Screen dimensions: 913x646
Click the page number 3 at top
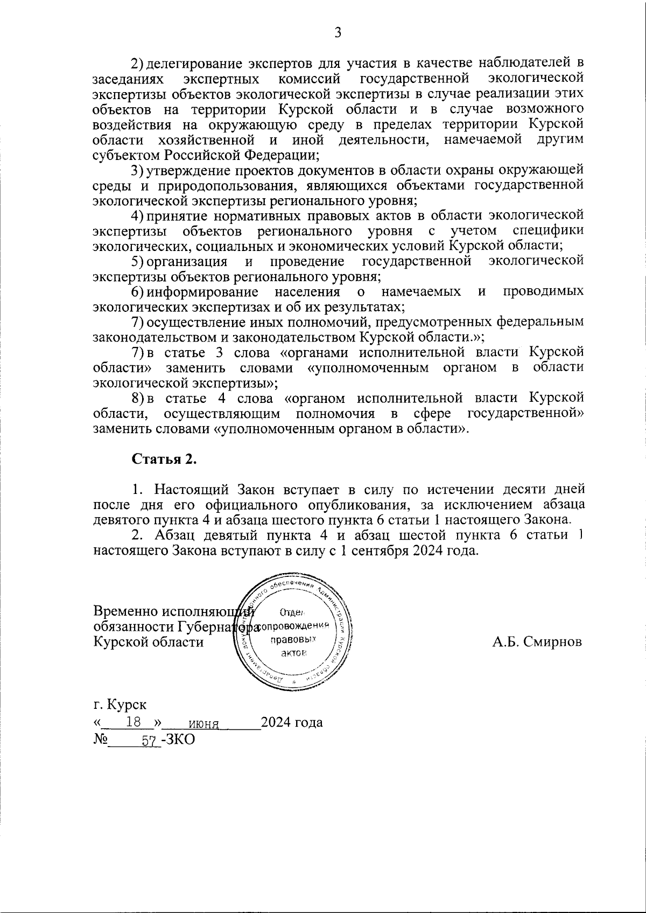[x=338, y=33]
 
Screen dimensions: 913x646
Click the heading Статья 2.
[x=164, y=459]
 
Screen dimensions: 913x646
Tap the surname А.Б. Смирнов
[x=537, y=642]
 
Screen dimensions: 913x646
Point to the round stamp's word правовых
[x=292, y=639]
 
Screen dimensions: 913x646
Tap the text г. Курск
[x=119, y=705]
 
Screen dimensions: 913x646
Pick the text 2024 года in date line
[x=291, y=722]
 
